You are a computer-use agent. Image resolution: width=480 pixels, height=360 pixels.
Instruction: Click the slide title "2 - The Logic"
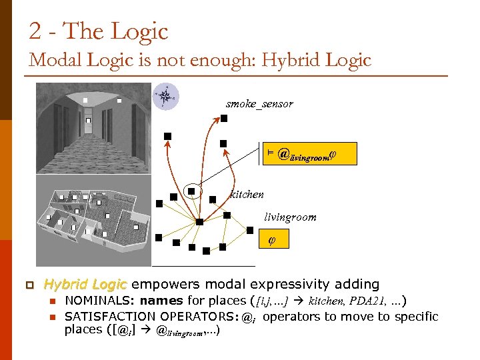click(x=98, y=31)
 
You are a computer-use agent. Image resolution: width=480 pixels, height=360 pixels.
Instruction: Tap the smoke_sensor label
click(x=259, y=104)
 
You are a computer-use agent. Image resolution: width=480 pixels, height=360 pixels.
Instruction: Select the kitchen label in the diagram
click(x=247, y=195)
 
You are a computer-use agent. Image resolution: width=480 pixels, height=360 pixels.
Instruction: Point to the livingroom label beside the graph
click(x=290, y=217)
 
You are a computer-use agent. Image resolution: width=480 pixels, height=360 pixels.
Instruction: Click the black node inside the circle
click(x=191, y=191)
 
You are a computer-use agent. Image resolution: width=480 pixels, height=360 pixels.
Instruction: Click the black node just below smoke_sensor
click(x=224, y=119)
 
